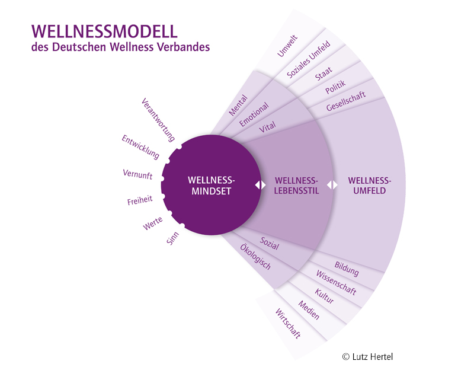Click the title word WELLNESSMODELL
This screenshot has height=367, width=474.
(104, 30)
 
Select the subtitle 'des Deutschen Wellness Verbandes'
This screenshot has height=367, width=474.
(120, 47)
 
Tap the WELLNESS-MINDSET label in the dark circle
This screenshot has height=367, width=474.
(212, 185)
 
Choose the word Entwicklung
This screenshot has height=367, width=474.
(140, 147)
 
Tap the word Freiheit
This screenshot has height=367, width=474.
(140, 201)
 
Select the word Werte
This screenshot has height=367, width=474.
(153, 225)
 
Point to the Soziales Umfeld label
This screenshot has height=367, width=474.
(308, 59)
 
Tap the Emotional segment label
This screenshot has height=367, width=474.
(254, 113)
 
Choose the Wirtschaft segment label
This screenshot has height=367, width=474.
(288, 323)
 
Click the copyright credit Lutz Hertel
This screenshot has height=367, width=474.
(367, 356)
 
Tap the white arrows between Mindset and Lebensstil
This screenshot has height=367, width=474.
(260, 185)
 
